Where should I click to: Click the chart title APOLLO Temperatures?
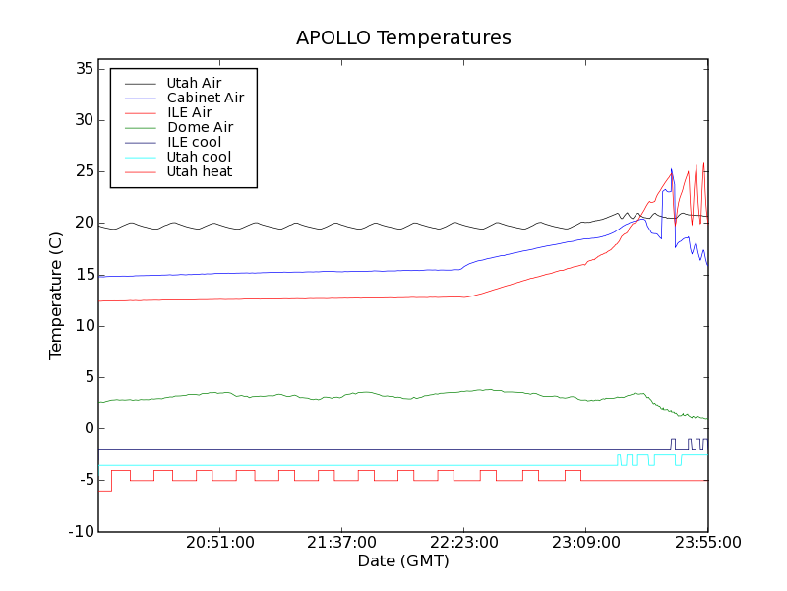coord(403,38)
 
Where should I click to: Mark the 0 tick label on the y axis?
coord(87,428)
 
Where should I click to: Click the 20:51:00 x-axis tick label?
coord(220,543)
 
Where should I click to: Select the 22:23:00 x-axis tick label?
coord(463,543)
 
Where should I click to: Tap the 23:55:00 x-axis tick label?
coord(707,543)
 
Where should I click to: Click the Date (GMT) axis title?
coord(403,561)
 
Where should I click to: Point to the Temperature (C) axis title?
coord(56,295)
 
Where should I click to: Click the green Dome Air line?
coord(393,395)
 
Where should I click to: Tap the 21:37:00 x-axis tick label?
coord(341,543)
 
